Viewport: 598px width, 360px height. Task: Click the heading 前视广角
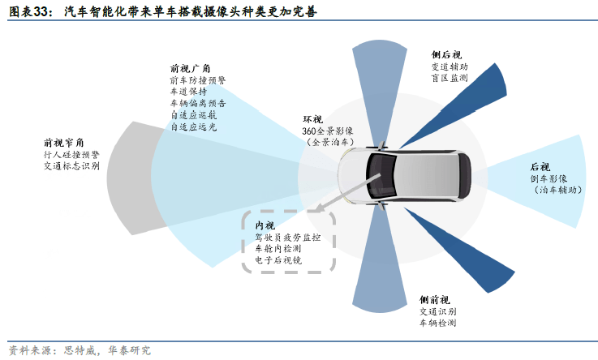click(x=190, y=69)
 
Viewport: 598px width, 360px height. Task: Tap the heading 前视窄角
click(x=63, y=143)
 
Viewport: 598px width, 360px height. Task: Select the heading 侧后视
click(x=446, y=55)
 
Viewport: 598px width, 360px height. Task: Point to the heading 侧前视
click(x=435, y=300)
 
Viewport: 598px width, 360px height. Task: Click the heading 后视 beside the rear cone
click(x=540, y=167)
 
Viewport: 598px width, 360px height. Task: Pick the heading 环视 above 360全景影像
click(x=312, y=119)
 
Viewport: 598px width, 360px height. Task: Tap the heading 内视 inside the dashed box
click(x=265, y=225)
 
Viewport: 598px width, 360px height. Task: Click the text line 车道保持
click(x=188, y=92)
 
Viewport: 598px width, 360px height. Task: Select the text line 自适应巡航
click(x=193, y=115)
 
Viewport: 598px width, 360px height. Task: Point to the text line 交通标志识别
click(x=71, y=166)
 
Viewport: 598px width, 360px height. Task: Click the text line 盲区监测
click(x=450, y=78)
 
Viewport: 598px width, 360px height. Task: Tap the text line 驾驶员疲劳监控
click(x=288, y=238)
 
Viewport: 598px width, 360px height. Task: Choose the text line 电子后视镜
click(x=278, y=260)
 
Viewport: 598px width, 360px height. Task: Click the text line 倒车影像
click(x=549, y=178)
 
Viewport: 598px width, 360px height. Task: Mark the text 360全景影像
click(x=328, y=131)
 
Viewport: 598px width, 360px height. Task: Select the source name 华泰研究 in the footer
click(x=130, y=350)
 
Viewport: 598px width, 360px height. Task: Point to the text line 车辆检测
click(x=438, y=323)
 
